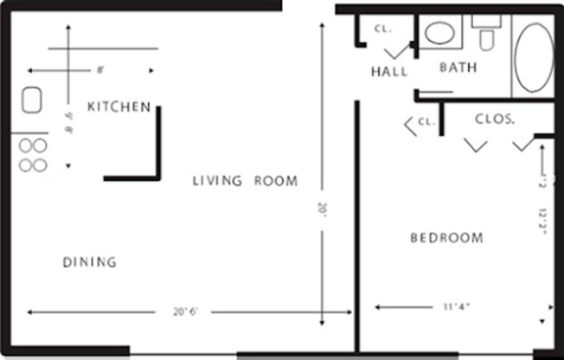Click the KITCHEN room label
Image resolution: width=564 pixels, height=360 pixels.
tap(119, 106)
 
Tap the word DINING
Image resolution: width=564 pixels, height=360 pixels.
tap(90, 261)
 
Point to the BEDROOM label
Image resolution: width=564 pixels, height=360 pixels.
tap(446, 238)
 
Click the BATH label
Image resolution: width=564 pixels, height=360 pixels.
tap(458, 67)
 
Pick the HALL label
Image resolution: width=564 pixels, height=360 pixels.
tap(389, 72)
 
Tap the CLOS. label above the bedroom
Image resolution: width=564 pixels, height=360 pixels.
tap(495, 118)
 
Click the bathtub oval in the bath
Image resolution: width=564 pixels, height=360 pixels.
tap(534, 58)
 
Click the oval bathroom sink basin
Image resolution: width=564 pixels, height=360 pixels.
tap(440, 34)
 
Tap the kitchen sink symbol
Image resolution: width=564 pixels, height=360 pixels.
tap(32, 103)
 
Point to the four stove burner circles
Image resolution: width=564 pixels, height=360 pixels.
tap(32, 155)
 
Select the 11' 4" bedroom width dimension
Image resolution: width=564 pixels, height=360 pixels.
tap(457, 305)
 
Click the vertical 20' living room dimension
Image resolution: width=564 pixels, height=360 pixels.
tap(323, 209)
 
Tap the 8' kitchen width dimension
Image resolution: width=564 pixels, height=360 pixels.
tap(100, 69)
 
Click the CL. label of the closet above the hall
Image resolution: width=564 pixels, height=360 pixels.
tap(383, 28)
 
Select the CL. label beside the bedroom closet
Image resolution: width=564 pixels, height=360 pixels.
tap(426, 122)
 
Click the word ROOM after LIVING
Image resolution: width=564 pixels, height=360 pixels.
tap(276, 182)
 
